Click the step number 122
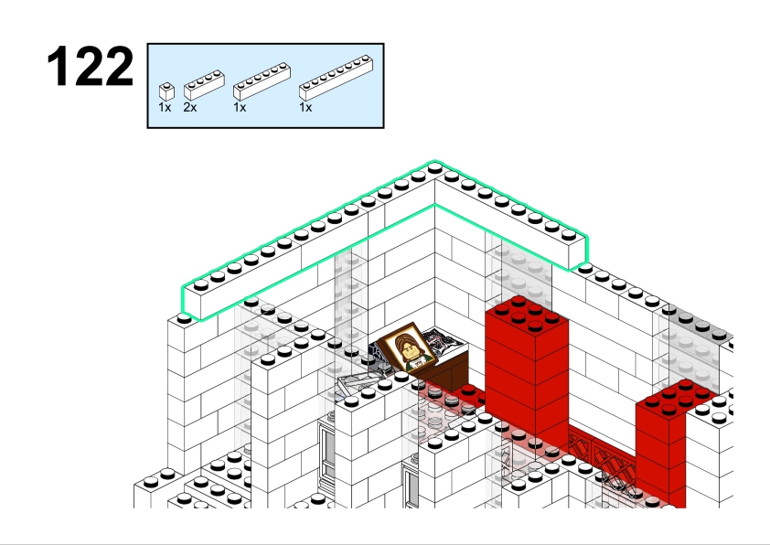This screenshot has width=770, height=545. [91, 66]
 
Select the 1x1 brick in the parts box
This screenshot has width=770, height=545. [166, 91]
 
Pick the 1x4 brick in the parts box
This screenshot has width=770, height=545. [204, 85]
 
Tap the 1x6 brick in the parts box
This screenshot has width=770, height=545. [262, 81]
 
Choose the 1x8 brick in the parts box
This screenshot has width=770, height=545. [336, 78]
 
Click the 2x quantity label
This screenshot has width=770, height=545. [190, 107]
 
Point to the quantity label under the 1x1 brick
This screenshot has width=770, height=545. [165, 107]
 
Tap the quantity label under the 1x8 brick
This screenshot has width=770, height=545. [305, 107]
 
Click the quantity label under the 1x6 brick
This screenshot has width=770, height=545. [240, 107]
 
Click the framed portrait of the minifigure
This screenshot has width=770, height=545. [407, 347]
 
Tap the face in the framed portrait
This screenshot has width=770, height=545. [407, 345]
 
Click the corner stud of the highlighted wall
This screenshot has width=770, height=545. [434, 168]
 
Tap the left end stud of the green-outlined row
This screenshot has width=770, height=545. [201, 284]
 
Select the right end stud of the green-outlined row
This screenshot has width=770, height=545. [568, 235]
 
